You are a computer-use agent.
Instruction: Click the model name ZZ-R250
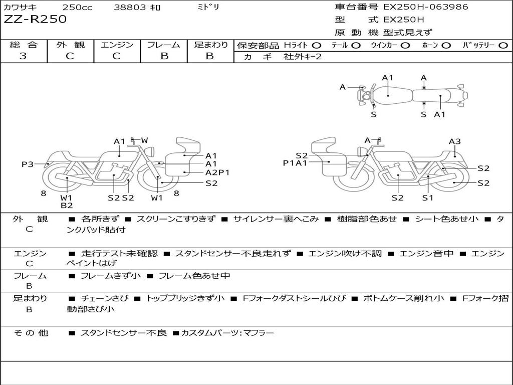[35, 20]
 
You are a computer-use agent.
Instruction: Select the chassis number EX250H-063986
[426, 7]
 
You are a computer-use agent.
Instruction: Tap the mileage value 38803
[130, 8]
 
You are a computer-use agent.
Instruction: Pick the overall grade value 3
[23, 56]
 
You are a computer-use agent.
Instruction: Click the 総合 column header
[24, 45]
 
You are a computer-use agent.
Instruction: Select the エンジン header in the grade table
[117, 45]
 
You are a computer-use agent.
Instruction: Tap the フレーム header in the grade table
[164, 45]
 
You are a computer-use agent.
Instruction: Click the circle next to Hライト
[317, 45]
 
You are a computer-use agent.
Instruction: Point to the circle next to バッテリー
[503, 45]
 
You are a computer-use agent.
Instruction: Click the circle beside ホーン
[446, 45]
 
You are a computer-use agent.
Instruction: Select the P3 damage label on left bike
[28, 164]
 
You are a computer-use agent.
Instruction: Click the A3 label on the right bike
[454, 141]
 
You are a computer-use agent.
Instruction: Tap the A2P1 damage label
[217, 172]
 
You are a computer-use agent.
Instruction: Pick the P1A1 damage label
[295, 162]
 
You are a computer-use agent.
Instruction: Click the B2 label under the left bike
[67, 205]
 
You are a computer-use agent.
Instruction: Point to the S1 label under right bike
[427, 198]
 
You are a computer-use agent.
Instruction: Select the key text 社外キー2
[303, 57]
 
